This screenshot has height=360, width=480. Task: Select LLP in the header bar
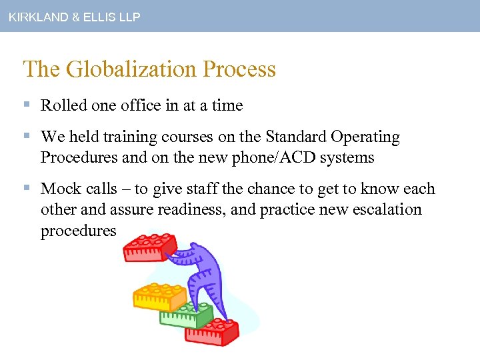(128, 17)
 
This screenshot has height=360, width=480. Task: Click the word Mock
(61, 189)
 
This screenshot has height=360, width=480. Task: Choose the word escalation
(382, 210)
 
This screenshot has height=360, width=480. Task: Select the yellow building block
(159, 295)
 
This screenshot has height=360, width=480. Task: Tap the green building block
(187, 313)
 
